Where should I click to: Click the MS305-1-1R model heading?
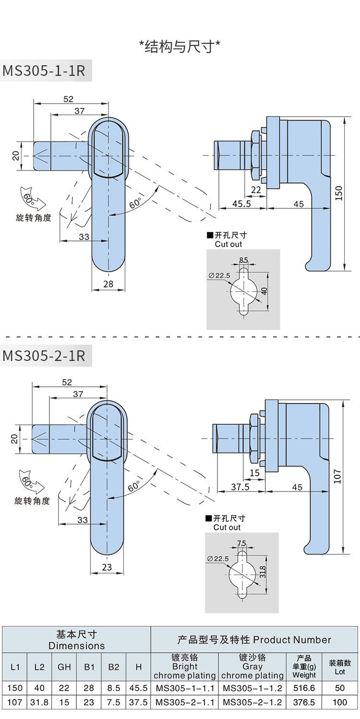(x=44, y=71)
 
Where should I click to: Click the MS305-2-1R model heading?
(x=44, y=356)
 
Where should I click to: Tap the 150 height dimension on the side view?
(x=339, y=193)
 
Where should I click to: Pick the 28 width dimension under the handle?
(x=108, y=284)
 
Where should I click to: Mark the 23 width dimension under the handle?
(x=107, y=567)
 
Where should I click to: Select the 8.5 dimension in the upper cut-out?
(x=243, y=260)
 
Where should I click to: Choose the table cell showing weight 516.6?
(x=304, y=688)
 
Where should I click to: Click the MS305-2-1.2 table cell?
(x=252, y=702)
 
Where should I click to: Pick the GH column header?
(x=64, y=667)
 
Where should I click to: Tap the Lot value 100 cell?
(x=340, y=702)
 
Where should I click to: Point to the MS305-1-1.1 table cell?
(x=185, y=688)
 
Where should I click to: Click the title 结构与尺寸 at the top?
(x=180, y=47)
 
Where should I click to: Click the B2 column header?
(x=114, y=667)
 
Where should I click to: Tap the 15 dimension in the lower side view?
(x=254, y=473)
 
